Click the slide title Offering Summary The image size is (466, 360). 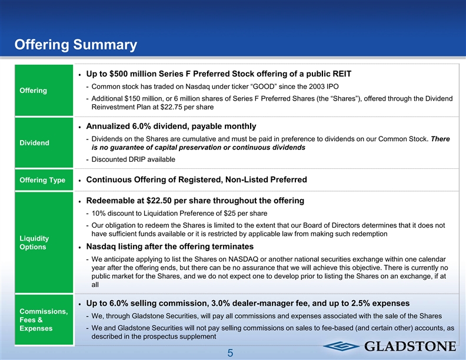click(x=76, y=45)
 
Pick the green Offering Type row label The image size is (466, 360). click(x=41, y=179)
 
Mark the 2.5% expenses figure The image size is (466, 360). click(x=361, y=304)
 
